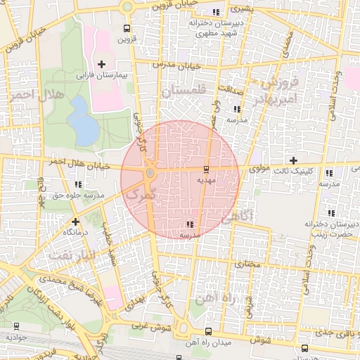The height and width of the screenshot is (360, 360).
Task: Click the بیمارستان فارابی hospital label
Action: (101, 74)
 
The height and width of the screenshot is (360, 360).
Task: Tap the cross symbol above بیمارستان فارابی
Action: (101, 64)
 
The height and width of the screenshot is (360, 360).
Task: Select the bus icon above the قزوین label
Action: (126, 29)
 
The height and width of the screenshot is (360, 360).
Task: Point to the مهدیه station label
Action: (205, 180)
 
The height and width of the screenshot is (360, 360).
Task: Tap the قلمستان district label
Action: (185, 91)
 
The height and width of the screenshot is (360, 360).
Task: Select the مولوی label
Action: (259, 169)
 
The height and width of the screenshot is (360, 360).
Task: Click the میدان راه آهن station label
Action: (207, 342)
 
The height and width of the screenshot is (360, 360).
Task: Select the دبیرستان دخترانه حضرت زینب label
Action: (328, 227)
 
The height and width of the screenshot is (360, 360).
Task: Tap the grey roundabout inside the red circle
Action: (150, 173)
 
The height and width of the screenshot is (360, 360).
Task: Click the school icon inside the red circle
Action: (190, 224)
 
